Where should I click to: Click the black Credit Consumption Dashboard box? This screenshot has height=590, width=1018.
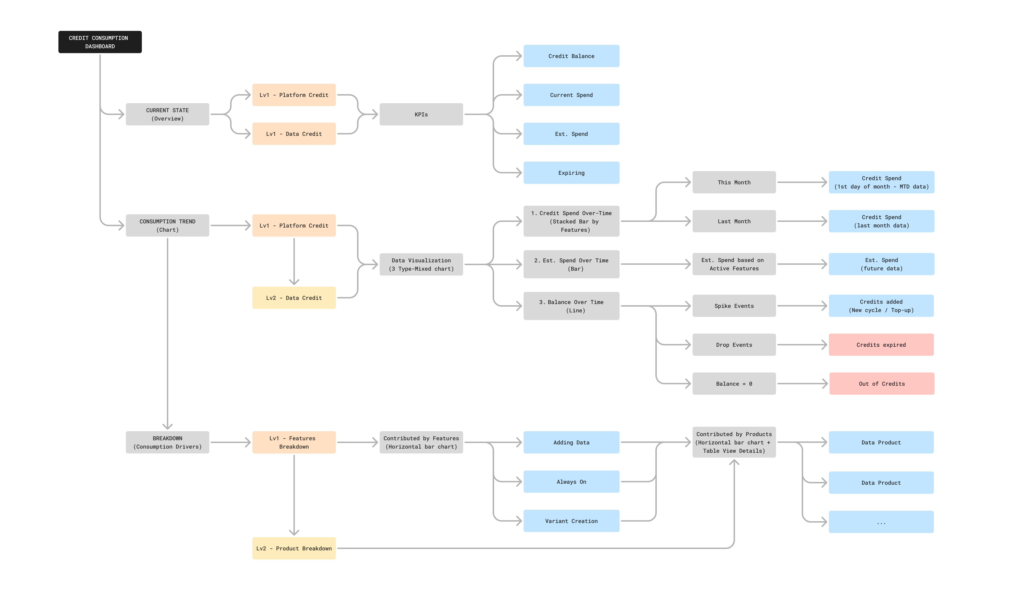point(100,42)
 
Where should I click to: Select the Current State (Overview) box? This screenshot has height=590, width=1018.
point(167,114)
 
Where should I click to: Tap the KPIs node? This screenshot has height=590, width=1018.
point(421,114)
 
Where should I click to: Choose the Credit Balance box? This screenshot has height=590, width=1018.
point(571,56)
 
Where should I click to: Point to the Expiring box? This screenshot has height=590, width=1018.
point(571,173)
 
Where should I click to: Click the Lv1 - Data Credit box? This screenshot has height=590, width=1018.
point(294,134)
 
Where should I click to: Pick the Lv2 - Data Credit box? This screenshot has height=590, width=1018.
point(294,298)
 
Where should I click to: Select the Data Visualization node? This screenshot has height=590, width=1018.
point(421,265)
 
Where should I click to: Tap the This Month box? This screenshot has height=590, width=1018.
point(734,182)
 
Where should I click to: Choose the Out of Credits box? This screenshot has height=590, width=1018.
point(882,384)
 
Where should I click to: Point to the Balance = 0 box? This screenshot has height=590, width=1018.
point(734,384)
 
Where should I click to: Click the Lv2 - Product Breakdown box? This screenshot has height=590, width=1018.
point(294,548)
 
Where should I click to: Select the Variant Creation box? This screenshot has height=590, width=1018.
point(571,521)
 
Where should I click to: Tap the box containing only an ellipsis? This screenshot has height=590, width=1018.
point(881,522)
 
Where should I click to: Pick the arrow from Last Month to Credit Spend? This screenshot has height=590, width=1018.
point(802,221)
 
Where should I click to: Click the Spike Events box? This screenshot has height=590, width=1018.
point(734,306)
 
